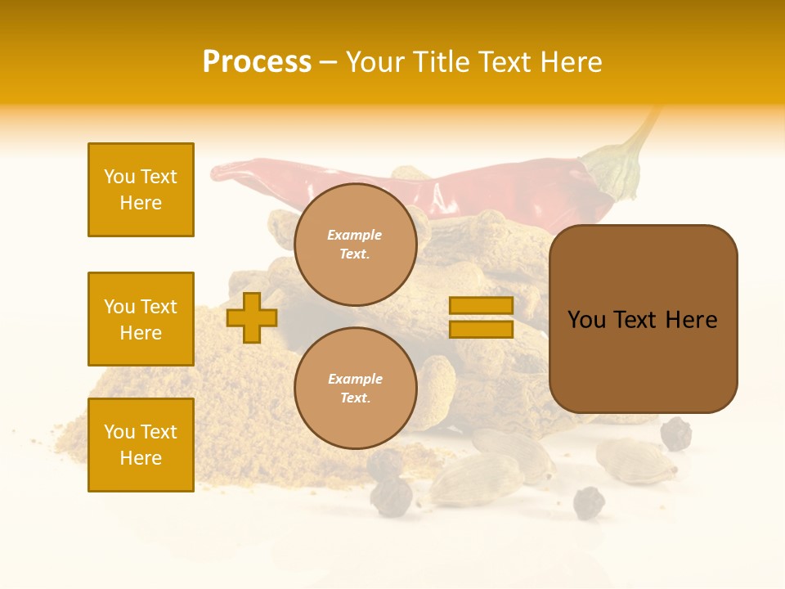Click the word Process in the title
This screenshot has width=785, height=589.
tap(257, 62)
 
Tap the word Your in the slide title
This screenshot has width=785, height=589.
tap(375, 62)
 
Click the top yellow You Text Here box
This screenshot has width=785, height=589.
tap(141, 190)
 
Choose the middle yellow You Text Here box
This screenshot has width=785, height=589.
tap(141, 319)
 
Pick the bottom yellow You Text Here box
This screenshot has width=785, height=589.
tap(141, 445)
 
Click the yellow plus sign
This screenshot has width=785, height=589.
tap(251, 317)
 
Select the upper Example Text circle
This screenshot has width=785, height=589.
tap(355, 245)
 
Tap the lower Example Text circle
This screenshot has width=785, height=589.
tap(355, 389)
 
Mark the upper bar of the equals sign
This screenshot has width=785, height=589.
tap(481, 306)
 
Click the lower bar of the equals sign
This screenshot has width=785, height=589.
tap(481, 330)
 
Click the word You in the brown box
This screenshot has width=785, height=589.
tap(586, 320)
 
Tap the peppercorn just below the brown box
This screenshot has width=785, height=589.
tap(675, 434)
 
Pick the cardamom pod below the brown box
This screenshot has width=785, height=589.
tap(635, 460)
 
